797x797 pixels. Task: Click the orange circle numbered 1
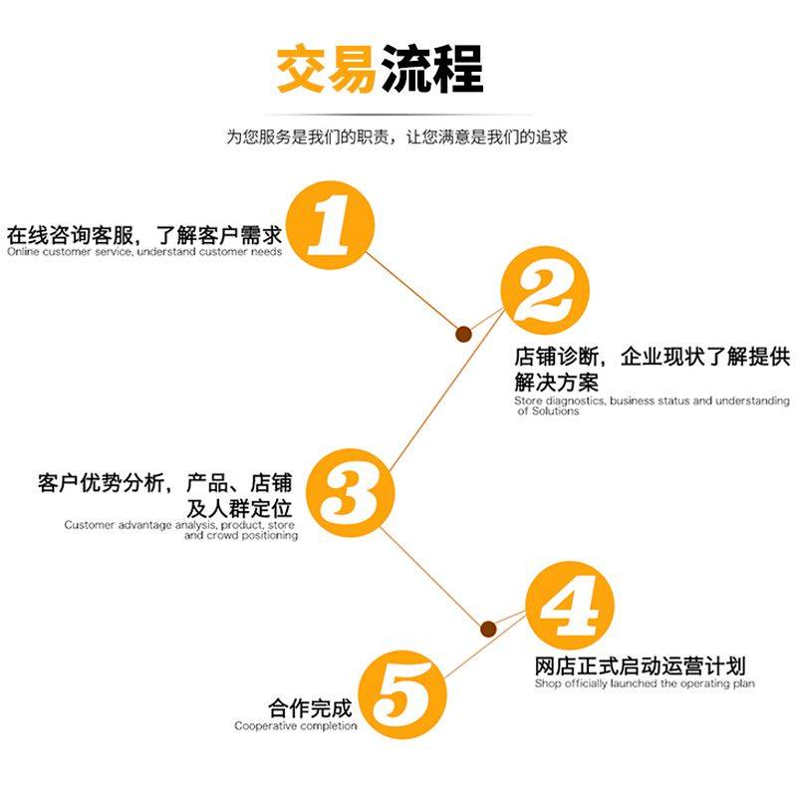[330, 225]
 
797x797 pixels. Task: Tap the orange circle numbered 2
[545, 290]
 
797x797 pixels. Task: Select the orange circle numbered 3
[350, 491]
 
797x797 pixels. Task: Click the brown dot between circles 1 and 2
[464, 335]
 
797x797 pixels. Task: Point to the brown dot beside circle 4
[488, 629]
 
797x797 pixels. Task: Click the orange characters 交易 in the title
[326, 70]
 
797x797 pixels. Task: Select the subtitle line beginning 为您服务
[398, 137]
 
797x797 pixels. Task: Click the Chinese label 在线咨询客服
[66, 236]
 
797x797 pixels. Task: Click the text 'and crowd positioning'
[240, 535]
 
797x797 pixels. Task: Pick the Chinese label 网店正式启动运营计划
[640, 665]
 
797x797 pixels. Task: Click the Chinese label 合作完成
[310, 708]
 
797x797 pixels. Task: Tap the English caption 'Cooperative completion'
[296, 726]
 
